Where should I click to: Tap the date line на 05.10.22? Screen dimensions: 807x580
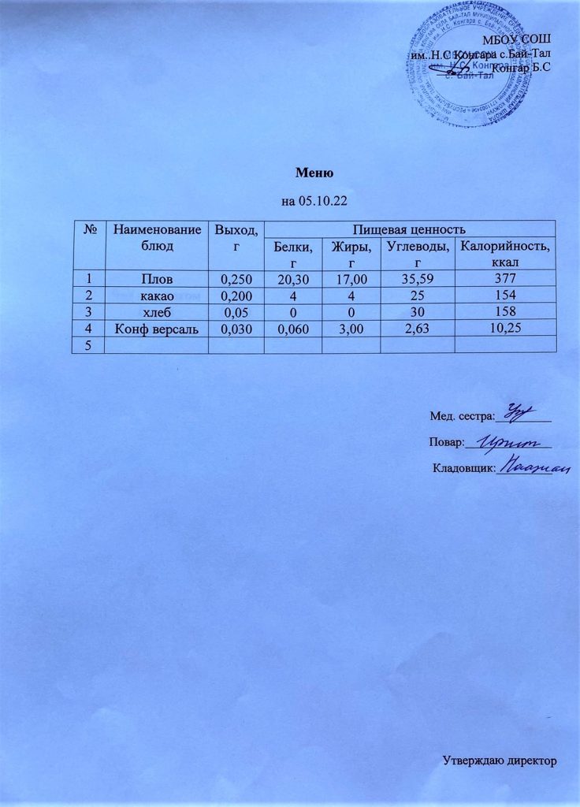[x=315, y=203]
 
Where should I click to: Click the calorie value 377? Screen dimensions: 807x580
[x=506, y=278]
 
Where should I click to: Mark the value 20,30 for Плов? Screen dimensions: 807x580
[x=292, y=279]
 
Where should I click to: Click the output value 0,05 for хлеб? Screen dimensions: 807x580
[x=235, y=311]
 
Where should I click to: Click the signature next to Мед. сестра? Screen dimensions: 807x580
[x=521, y=411]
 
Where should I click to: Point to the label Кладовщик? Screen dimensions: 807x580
[x=464, y=470]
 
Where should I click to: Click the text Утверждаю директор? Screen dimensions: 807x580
[x=499, y=762]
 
